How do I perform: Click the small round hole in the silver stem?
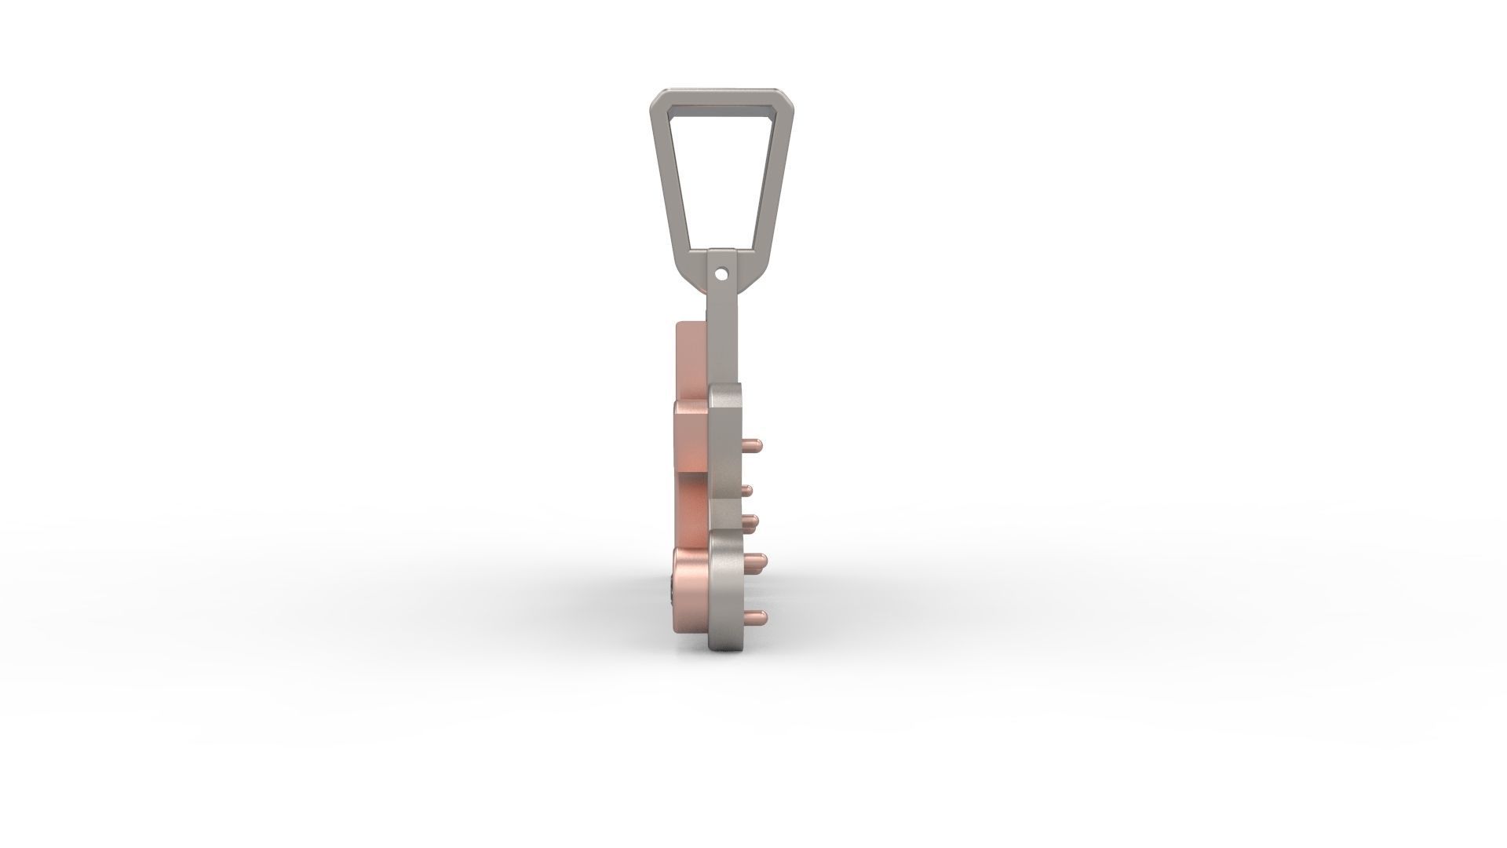pos(721,274)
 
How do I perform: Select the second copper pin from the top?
pos(747,490)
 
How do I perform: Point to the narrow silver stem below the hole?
pos(721,338)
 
